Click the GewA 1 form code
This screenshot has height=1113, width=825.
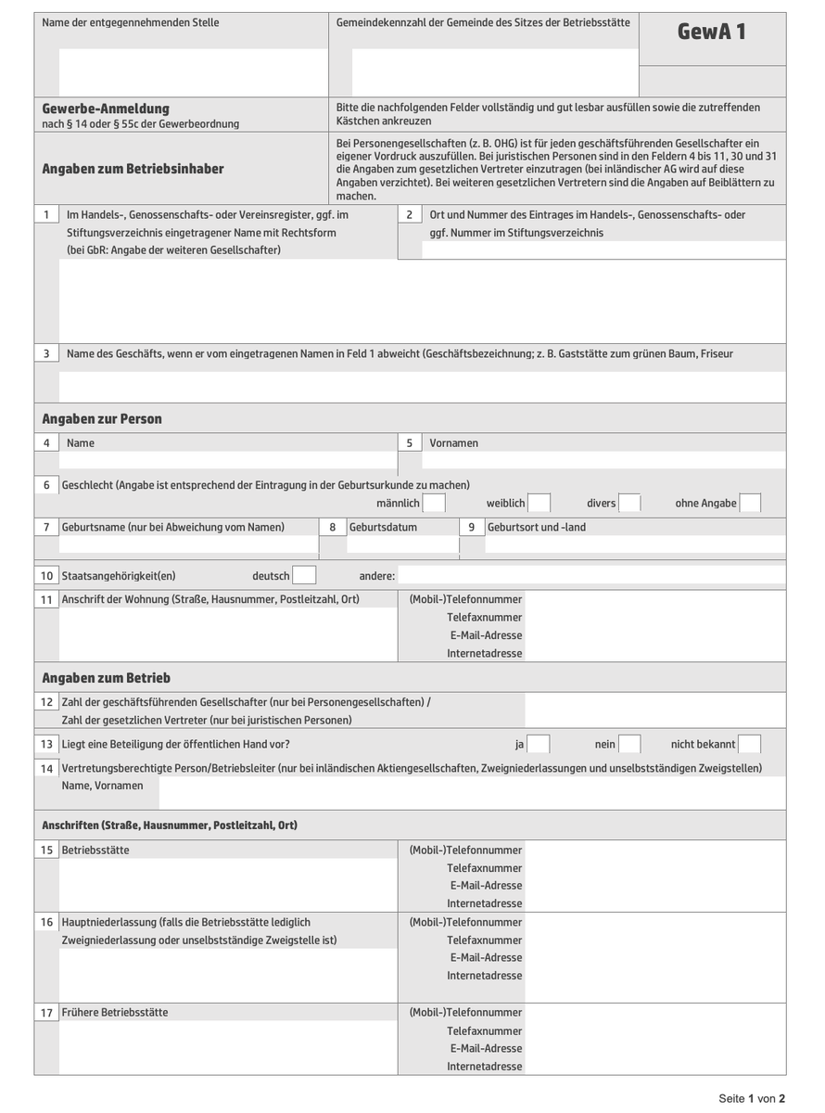712,32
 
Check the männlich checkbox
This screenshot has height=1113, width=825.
434,503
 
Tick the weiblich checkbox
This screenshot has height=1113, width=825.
539,503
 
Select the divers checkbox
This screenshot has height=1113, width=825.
630,503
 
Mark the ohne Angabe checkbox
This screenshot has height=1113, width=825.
750,503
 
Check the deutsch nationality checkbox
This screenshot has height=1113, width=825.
304,576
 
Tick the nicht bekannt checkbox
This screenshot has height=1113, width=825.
750,744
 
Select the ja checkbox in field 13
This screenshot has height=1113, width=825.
539,744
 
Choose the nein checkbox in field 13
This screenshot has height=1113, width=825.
629,744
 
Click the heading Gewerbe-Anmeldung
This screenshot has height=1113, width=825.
106,109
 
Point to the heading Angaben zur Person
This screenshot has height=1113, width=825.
102,419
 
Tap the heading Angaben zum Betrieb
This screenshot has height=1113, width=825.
106,678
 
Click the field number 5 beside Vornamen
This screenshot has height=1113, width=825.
409,443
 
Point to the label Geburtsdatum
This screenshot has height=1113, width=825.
383,528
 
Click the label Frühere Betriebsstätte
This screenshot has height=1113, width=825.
115,1013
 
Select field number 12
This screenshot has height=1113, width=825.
46,702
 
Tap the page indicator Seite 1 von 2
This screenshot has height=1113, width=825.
752,1099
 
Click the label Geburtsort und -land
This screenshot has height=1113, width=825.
537,528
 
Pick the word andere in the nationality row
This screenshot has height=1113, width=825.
376,576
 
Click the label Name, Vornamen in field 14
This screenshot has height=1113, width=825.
102,786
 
